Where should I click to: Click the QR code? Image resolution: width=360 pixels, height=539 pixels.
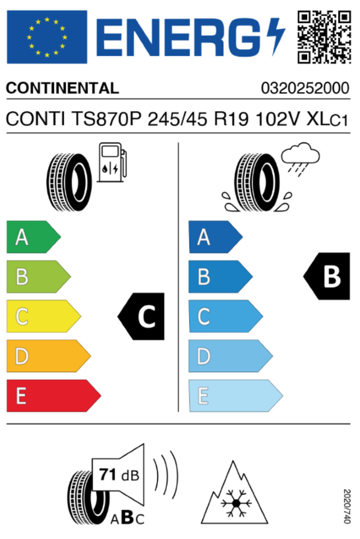pos(324,37)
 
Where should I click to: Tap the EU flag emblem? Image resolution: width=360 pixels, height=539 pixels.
pos(47,37)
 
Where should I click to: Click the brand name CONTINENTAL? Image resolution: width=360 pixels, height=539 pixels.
pos(62,88)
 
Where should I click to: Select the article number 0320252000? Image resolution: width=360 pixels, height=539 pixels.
pos(306,88)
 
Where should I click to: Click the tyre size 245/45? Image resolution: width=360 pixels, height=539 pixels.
pos(177,120)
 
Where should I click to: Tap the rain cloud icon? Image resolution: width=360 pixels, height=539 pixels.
pos(300,159)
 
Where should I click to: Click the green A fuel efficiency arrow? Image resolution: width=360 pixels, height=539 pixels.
pos(34,237)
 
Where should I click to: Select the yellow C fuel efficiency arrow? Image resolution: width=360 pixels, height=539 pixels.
pos(44,316)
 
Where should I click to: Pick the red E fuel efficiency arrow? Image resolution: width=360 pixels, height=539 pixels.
pos(54,396)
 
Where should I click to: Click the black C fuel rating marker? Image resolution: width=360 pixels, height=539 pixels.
pos(141,316)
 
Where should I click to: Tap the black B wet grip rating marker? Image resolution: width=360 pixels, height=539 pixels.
pos(327,276)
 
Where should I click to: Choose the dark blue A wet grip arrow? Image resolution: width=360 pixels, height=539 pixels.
pos(216,237)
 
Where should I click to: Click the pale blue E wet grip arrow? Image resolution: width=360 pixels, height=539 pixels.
pos(236,396)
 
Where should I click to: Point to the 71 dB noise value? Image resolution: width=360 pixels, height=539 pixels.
pos(119,475)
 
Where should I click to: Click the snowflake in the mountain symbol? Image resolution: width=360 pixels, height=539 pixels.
pos(236,503)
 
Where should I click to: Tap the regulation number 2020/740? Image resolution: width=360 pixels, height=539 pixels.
pos(347,506)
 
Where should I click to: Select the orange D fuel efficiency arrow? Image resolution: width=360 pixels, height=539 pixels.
pos(49,356)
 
